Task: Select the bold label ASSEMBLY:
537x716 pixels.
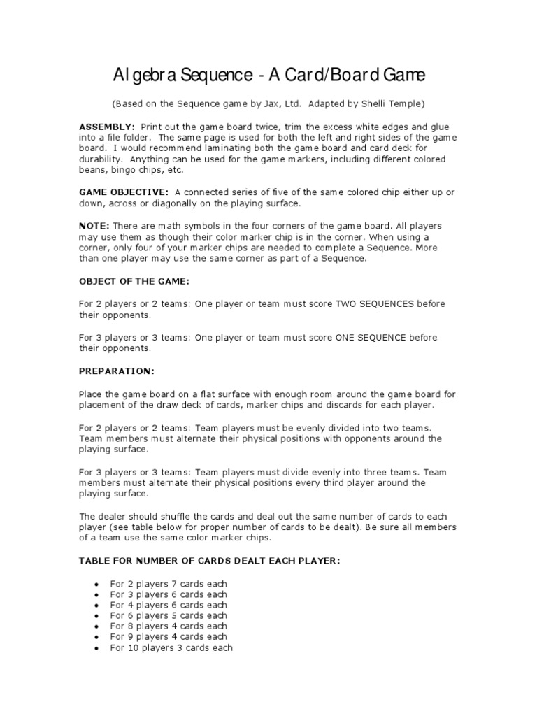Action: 107,127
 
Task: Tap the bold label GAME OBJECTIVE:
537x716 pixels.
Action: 123,192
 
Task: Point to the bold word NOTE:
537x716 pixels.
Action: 94,226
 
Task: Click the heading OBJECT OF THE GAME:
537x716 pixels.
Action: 134,281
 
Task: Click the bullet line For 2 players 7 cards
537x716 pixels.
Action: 169,584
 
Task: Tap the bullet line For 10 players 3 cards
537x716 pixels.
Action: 171,647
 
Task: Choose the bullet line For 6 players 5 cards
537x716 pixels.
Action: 169,615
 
